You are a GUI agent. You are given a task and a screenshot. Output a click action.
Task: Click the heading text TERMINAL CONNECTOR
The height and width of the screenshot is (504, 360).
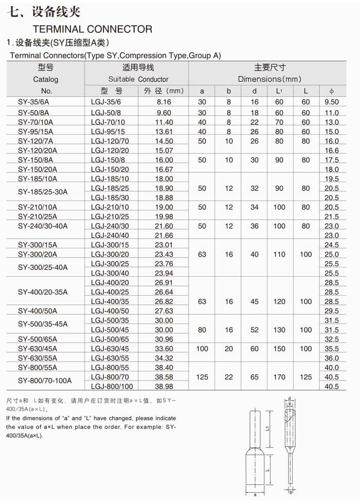[93, 29]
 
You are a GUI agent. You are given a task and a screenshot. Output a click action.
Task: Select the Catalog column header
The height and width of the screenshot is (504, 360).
[46, 79]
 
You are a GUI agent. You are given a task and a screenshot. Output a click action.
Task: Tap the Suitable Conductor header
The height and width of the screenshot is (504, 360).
[138, 79]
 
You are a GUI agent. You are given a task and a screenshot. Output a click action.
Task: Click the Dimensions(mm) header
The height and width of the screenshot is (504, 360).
[269, 79]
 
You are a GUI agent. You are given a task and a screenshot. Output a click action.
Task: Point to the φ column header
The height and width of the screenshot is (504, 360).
[332, 91]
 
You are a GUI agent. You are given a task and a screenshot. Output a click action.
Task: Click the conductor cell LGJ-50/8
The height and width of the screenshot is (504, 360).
[106, 113]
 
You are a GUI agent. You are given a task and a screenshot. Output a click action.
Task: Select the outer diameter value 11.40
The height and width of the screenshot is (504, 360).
[164, 122]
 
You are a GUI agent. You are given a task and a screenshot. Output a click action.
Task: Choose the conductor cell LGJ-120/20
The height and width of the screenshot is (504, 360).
[110, 151]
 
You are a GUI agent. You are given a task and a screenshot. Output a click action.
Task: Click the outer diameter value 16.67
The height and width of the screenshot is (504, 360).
[164, 169]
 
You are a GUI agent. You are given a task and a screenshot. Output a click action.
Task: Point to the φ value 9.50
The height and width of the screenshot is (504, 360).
[332, 102]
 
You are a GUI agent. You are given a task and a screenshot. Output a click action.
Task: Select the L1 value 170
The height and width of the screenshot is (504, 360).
[279, 377]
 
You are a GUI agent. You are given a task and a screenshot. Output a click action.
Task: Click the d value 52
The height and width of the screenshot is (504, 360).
[255, 330]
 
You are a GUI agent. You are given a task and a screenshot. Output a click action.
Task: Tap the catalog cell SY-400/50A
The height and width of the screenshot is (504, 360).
[38, 311]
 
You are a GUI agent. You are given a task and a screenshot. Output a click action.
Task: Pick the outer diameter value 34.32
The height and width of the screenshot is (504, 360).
[164, 358]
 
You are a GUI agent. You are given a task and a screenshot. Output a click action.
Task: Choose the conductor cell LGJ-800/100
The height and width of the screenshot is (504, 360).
[112, 386]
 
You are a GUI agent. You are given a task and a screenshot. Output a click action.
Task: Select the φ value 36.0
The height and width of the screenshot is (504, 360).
[332, 358]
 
